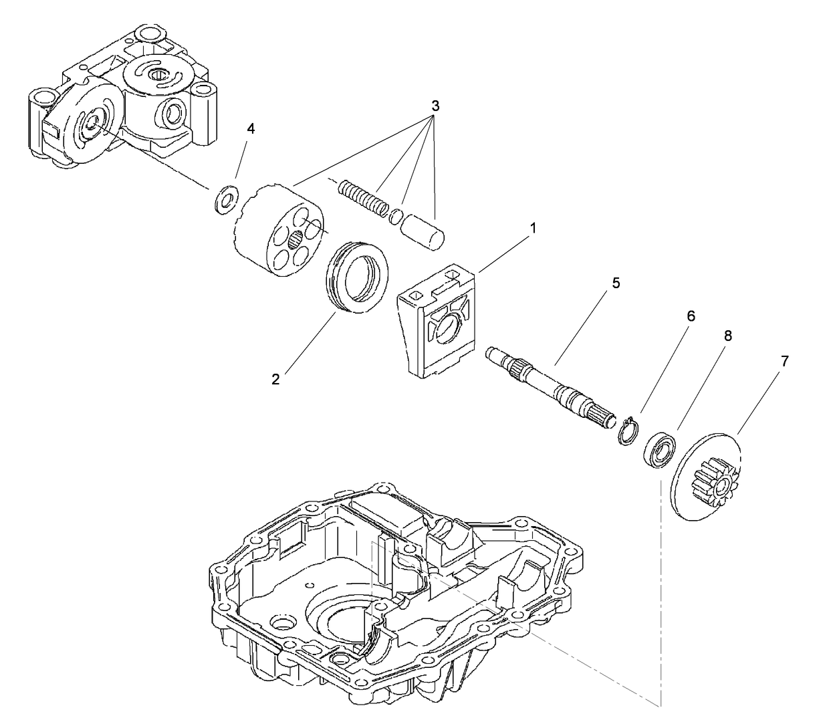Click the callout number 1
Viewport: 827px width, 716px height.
click(533, 229)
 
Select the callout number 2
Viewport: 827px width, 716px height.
click(275, 379)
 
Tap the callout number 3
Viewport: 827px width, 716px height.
click(435, 106)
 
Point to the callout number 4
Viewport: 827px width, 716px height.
click(251, 129)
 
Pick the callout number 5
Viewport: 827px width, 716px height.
click(616, 283)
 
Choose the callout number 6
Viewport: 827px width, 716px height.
click(691, 316)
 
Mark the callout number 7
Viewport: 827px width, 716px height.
click(784, 361)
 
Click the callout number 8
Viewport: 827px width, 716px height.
click(727, 336)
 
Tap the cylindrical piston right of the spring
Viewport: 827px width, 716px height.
click(422, 231)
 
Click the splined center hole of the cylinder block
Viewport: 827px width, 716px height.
click(295, 238)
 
